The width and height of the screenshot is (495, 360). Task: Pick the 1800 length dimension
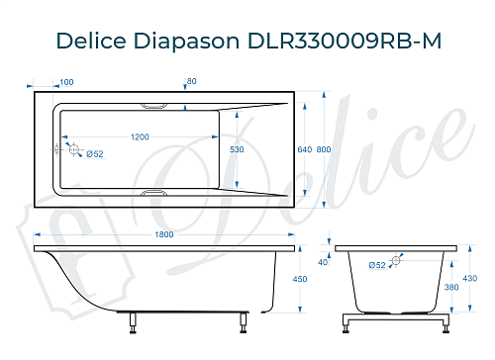[164, 234]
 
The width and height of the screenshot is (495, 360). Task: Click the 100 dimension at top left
[67, 82]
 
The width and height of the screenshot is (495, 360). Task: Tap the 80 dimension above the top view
[192, 82]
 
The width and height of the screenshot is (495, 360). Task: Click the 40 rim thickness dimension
[322, 262]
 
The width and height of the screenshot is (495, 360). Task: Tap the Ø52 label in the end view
[377, 265]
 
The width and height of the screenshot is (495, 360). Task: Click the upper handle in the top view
[155, 103]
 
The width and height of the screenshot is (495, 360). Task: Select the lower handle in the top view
[155, 194]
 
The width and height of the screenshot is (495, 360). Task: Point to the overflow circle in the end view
[396, 261]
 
